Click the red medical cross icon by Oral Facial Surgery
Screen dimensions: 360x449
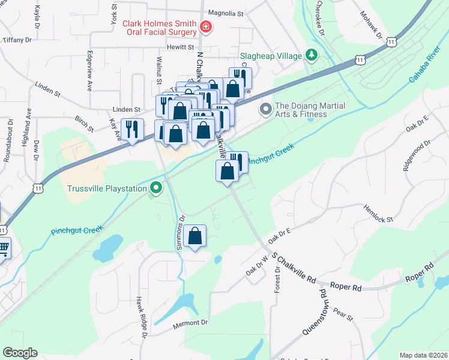click(x=206, y=26)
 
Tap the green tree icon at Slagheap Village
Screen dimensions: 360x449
click(x=312, y=56)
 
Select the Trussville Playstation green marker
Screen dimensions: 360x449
click(x=156, y=188)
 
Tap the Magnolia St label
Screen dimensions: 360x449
click(x=225, y=12)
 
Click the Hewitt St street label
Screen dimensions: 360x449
click(x=181, y=47)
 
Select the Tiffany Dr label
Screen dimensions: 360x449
click(x=16, y=40)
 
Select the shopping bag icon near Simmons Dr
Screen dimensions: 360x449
click(x=195, y=236)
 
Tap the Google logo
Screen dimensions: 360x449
click(x=20, y=353)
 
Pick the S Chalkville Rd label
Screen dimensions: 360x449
click(x=294, y=268)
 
